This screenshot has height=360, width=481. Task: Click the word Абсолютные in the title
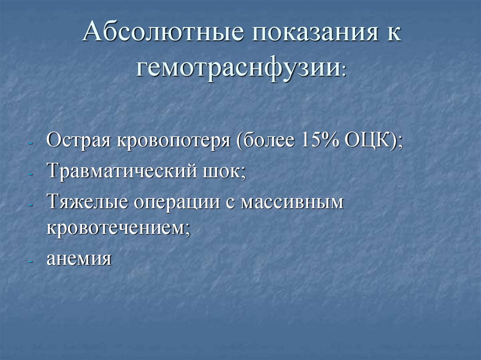tap(163, 36)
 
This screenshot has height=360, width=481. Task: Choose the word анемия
tap(79, 258)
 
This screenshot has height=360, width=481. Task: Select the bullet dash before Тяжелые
tap(31, 205)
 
